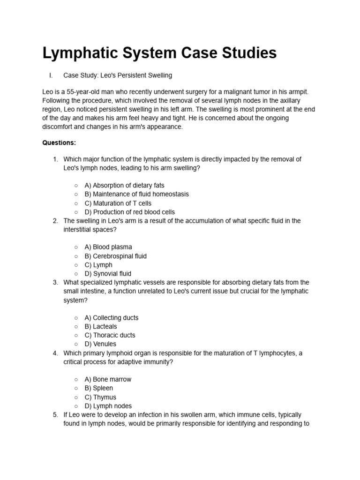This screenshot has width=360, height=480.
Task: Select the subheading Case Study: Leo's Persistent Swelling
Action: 118,75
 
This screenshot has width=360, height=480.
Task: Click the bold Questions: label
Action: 59,142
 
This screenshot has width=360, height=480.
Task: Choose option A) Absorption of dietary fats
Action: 124,185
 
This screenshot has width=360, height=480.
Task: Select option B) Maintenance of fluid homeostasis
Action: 136,194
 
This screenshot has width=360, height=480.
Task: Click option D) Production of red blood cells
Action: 129,212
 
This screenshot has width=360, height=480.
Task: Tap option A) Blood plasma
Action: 108,247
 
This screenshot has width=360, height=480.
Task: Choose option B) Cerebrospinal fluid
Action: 115,256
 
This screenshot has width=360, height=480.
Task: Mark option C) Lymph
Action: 98,265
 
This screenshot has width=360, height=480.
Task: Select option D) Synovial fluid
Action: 108,274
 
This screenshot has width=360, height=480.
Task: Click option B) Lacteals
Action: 101,326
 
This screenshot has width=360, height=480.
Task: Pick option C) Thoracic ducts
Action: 110,335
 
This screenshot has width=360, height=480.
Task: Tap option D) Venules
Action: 100,344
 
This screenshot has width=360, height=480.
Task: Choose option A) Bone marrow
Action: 108,379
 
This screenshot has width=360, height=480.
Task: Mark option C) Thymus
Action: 100,397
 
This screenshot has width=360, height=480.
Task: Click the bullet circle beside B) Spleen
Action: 76,388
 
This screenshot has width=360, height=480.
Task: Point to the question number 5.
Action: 55,415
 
